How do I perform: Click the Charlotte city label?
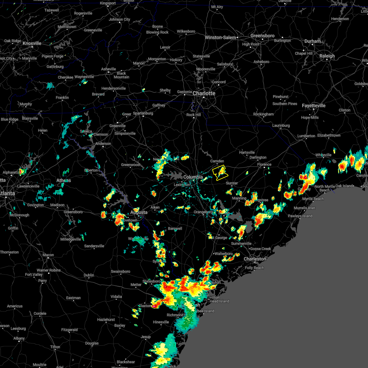coord(204,93)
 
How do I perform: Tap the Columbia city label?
coord(193,177)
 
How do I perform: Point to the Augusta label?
coord(139,212)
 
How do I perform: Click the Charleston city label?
coord(255,259)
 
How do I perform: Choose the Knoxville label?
coord(32,43)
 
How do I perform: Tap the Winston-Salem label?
coord(220,37)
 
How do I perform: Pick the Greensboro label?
coord(263,36)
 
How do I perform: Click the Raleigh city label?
coord(327,56)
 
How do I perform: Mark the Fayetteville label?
coord(314,105)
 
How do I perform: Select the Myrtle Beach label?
coord(313,199)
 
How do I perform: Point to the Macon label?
coord(48,255)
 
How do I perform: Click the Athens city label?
coord(63,180)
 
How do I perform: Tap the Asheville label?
coord(109,69)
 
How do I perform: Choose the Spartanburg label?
coord(143,113)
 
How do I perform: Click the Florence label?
coord(264,164)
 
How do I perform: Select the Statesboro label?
coord(151,281)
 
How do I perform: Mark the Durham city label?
coord(312,41)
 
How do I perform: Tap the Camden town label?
coord(217,161)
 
